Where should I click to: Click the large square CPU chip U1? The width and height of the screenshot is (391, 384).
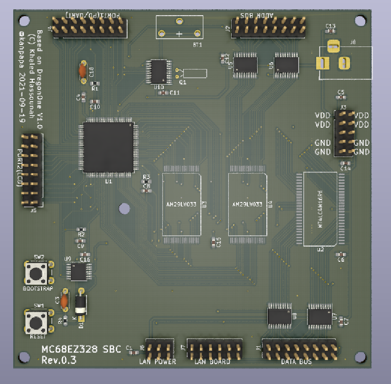(109, 148)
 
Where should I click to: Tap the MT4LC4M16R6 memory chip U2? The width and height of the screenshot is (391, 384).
(321, 209)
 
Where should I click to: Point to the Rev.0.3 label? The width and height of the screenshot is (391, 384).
(58, 360)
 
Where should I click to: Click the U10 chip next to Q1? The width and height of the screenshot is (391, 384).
(159, 71)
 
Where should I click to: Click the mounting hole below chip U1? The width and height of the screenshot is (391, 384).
(125, 208)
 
